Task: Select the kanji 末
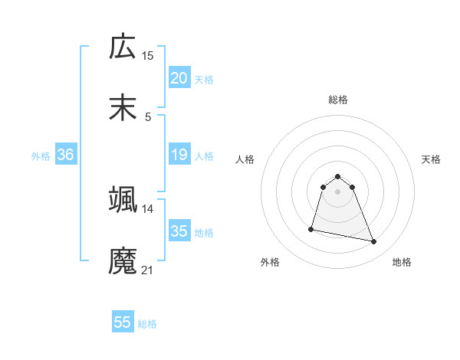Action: [x=123, y=107]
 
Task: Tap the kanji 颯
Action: [x=123, y=198]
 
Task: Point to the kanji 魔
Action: [x=123, y=260]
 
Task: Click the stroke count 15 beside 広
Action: [x=148, y=56]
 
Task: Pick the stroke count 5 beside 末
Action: [x=148, y=116]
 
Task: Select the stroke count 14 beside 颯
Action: [x=148, y=208]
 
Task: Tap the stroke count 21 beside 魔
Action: [x=148, y=269]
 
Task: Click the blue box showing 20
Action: [x=179, y=78]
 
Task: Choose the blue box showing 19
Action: [x=179, y=155]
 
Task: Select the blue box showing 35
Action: [x=179, y=231]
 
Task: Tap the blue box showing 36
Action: [x=66, y=155]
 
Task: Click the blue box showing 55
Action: [x=123, y=322]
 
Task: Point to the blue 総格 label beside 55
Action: [x=147, y=324]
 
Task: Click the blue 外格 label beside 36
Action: [x=41, y=156]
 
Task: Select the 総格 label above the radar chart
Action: [x=338, y=100]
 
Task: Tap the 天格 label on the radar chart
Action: [x=432, y=159]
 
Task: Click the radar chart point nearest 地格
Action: [x=374, y=242]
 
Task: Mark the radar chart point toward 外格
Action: [x=311, y=228]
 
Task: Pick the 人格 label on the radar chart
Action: [x=245, y=159]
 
